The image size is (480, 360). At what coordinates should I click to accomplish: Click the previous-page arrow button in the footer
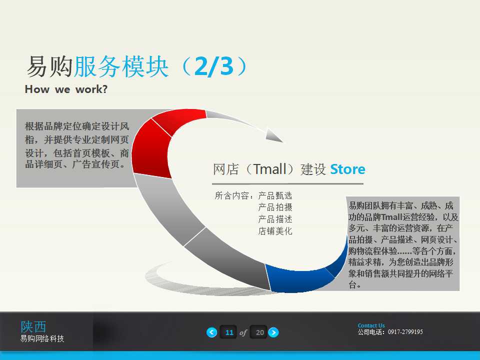pyautogui.click(x=212, y=332)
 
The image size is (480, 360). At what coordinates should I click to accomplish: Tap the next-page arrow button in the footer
pyautogui.click(x=273, y=332)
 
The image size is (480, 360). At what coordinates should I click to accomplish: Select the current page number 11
pyautogui.click(x=229, y=332)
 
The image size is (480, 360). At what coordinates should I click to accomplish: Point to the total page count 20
pyautogui.click(x=259, y=332)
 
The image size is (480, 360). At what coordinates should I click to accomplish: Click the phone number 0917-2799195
pyautogui.click(x=405, y=332)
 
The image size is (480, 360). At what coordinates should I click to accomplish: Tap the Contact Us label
pyautogui.click(x=371, y=325)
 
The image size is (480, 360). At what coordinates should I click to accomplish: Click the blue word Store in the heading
pyautogui.click(x=347, y=169)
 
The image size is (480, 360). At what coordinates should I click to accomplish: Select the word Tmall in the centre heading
pyautogui.click(x=270, y=169)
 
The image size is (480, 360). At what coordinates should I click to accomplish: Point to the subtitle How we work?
pyautogui.click(x=66, y=89)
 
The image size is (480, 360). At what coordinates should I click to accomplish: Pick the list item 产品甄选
pyautogui.click(x=275, y=195)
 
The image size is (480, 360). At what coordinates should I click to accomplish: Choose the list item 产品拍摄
pyautogui.click(x=275, y=207)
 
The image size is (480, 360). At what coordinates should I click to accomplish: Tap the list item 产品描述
pyautogui.click(x=275, y=219)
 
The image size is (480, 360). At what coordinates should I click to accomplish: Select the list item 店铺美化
pyautogui.click(x=275, y=231)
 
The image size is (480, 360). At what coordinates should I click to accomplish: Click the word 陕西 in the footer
pyautogui.click(x=33, y=326)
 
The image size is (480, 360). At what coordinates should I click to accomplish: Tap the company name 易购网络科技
pyautogui.click(x=42, y=339)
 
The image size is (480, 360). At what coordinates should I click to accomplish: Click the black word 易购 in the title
pyautogui.click(x=49, y=67)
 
